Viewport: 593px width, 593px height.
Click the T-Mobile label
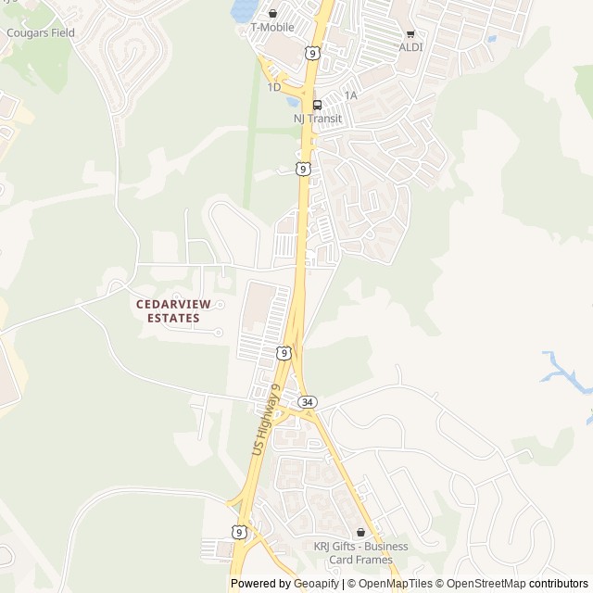(272, 28)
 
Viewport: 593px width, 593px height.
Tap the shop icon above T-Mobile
(272, 14)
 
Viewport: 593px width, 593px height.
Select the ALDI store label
(410, 46)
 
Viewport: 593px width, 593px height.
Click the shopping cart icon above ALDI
(410, 33)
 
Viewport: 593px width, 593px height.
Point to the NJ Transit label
(317, 119)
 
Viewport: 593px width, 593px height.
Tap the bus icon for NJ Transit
(317, 105)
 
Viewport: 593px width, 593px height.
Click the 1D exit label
(273, 87)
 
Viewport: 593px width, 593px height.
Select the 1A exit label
(350, 95)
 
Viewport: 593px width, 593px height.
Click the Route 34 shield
(308, 402)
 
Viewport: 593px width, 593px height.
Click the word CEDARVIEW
(173, 303)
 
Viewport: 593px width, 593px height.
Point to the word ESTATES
(173, 318)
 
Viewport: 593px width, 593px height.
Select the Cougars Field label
(40, 32)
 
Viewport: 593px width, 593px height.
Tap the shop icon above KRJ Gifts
(360, 533)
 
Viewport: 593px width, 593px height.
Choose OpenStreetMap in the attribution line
(486, 584)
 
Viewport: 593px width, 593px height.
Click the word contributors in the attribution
(559, 584)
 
